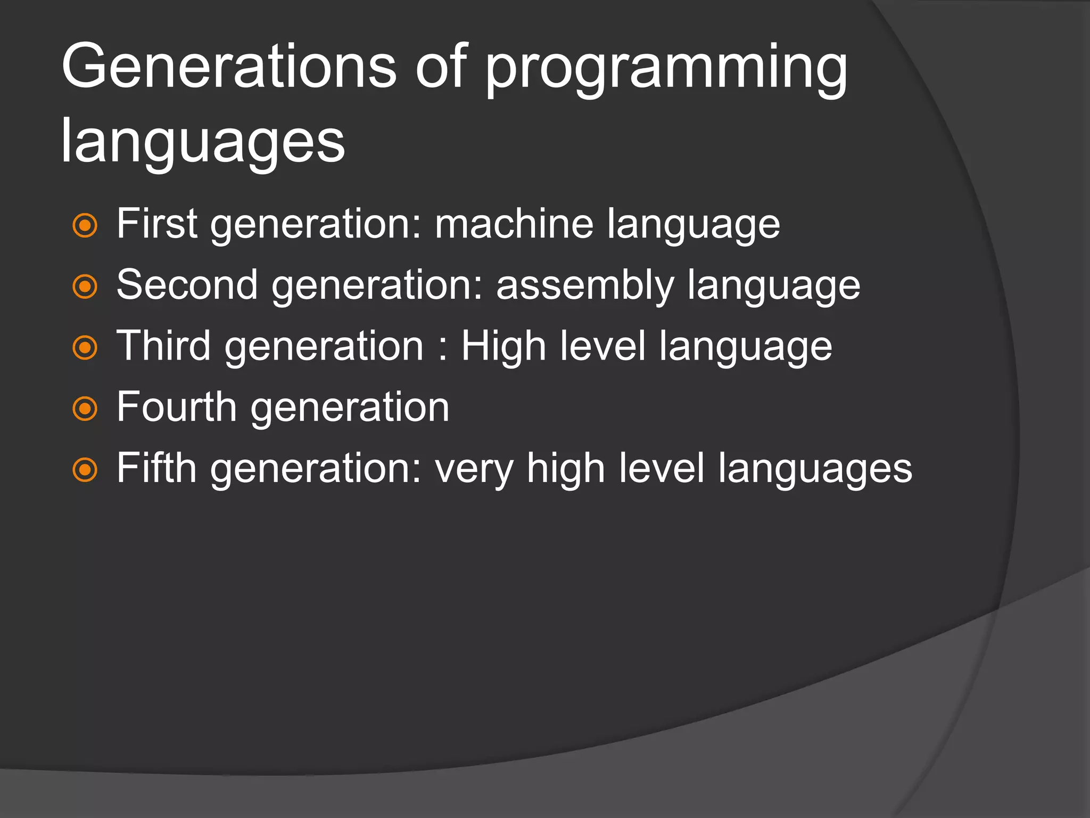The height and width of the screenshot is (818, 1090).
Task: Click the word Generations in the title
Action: click(x=229, y=67)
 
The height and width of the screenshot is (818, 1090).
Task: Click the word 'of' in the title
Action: click(x=441, y=67)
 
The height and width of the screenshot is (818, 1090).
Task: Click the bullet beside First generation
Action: click(x=85, y=226)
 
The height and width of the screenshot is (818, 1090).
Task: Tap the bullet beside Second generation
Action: click(x=85, y=287)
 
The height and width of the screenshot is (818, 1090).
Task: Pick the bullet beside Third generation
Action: click(x=85, y=348)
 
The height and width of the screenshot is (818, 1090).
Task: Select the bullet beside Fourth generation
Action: click(x=85, y=409)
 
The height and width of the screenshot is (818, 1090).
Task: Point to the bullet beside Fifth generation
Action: click(x=85, y=470)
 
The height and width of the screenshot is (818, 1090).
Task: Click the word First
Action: click(x=157, y=224)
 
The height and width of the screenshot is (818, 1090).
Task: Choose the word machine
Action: click(x=514, y=224)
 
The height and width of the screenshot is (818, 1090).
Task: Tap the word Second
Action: click(x=187, y=285)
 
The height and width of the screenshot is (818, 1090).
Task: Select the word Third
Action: click(x=163, y=346)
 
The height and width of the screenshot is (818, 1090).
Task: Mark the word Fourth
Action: click(x=176, y=407)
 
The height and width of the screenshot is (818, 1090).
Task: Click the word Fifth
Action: click(x=156, y=468)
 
